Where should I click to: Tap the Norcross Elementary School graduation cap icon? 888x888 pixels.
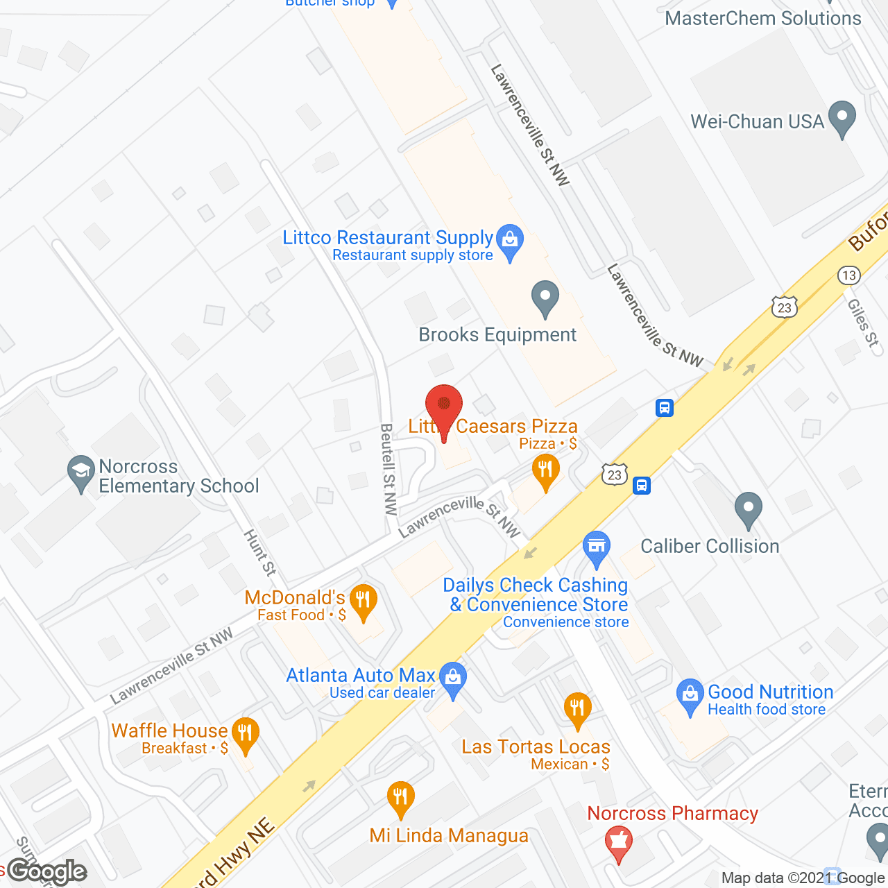pos(81,472)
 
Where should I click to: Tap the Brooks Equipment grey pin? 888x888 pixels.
pos(545,297)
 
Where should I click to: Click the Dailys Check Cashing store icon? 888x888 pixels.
pos(596,547)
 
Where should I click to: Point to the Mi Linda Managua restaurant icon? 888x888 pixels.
pos(400,799)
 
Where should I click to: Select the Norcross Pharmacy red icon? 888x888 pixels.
pos(618,842)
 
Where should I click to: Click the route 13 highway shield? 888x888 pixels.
pos(848,275)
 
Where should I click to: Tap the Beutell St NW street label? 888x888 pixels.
pos(389,469)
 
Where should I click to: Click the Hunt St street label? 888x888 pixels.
pos(260,553)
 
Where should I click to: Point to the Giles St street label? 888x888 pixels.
pos(863,323)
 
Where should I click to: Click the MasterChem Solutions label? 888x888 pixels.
pos(763,18)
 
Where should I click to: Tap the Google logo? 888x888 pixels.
pos(46,871)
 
